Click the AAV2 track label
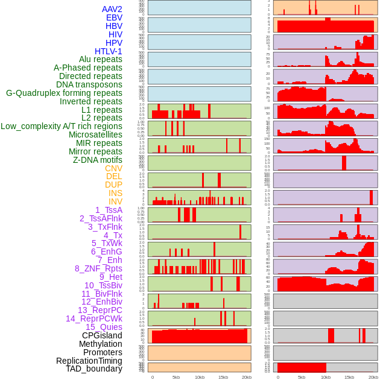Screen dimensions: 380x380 click(x=112, y=9)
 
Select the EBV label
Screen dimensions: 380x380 click(x=114, y=17)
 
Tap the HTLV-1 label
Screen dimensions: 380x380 click(x=108, y=51)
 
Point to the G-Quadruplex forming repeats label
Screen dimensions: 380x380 click(x=64, y=93)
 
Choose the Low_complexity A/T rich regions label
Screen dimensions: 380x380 click(x=62, y=126)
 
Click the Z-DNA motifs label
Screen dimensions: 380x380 click(x=97, y=160)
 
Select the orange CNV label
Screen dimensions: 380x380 click(x=113, y=168)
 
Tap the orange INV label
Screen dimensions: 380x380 click(x=115, y=201)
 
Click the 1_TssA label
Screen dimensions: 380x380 click(x=109, y=210)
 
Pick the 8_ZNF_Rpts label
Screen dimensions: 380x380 click(x=98, y=268)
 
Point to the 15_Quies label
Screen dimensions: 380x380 click(x=104, y=327)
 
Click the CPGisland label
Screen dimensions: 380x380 click(x=102, y=335)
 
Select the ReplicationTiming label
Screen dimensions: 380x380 click(x=89, y=361)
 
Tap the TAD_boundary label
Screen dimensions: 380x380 click(x=94, y=369)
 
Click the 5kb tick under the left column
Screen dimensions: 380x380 click(x=176, y=377)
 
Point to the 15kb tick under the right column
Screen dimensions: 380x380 click(x=349, y=377)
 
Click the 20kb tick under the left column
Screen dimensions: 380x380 click(x=247, y=377)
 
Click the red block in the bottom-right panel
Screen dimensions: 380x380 click(x=302, y=367)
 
